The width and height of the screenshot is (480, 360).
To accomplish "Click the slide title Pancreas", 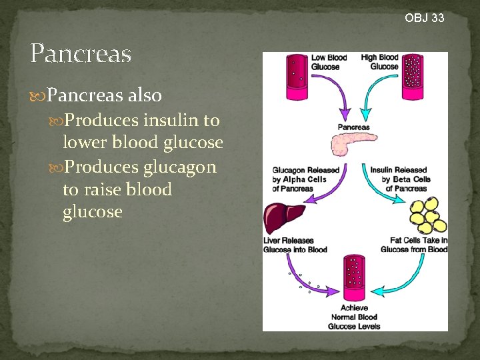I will (x=81, y=54).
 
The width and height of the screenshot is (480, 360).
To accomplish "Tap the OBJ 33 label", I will (x=424, y=18).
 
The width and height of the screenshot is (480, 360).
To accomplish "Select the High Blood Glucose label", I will (x=379, y=62).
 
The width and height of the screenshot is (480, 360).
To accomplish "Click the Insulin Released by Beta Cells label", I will (x=399, y=179).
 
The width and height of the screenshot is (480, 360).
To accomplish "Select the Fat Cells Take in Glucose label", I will (x=414, y=245).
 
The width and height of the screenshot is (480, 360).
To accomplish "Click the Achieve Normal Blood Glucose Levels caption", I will (x=354, y=317).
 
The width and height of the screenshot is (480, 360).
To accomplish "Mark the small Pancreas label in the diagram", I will (x=353, y=127).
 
